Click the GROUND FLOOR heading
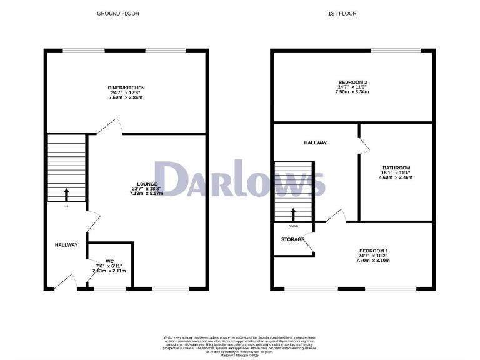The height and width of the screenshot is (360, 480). point(118,13)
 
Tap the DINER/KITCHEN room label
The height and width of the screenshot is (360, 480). point(126,87)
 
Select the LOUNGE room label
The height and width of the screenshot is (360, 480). point(147,184)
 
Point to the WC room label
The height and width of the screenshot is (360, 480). point(109,261)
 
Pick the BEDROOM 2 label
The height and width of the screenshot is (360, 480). point(352,82)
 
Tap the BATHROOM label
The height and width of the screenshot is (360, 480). point(396,168)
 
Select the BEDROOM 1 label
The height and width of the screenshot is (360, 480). point(374,251)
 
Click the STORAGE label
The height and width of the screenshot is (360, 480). point(292,239)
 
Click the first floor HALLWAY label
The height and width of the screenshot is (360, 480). point(315,143)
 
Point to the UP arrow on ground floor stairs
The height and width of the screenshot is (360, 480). point(66,193)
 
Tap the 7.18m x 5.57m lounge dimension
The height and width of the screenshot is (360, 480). point(147,194)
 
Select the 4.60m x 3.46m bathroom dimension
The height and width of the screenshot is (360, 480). point(396,178)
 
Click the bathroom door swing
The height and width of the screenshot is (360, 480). point(364,144)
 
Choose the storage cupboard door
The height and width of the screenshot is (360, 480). point(307,246)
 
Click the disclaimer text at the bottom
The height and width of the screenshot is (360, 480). point(240,345)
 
